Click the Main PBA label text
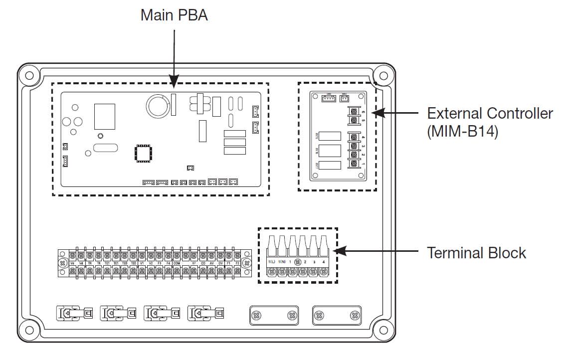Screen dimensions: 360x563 (174, 14)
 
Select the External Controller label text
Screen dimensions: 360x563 (490, 113)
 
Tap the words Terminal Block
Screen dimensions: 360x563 (476, 253)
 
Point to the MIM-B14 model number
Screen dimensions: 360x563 (462, 133)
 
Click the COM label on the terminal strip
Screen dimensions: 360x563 (177, 263)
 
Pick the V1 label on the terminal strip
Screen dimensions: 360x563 (142, 263)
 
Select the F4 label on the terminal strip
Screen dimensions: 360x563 (168, 263)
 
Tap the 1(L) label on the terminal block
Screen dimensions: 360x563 (272, 262)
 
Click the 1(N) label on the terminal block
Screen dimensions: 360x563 (282, 262)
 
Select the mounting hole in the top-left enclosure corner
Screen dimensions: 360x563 (29, 76)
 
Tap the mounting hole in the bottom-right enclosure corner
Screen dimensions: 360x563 (383, 330)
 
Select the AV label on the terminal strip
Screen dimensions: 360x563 (211, 263)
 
